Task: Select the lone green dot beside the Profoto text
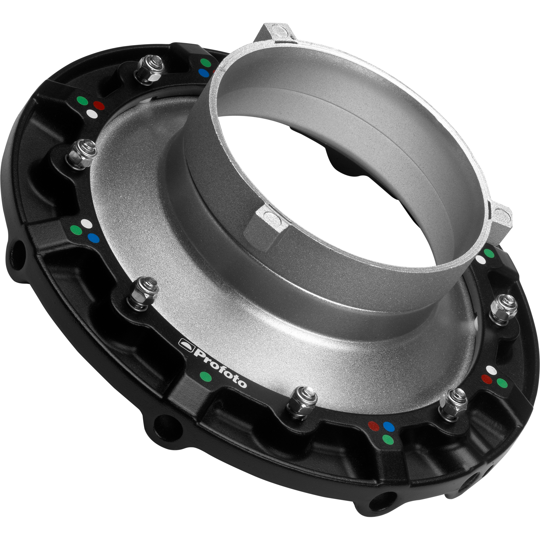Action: [x=205, y=376]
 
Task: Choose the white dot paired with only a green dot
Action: [x=481, y=259]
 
